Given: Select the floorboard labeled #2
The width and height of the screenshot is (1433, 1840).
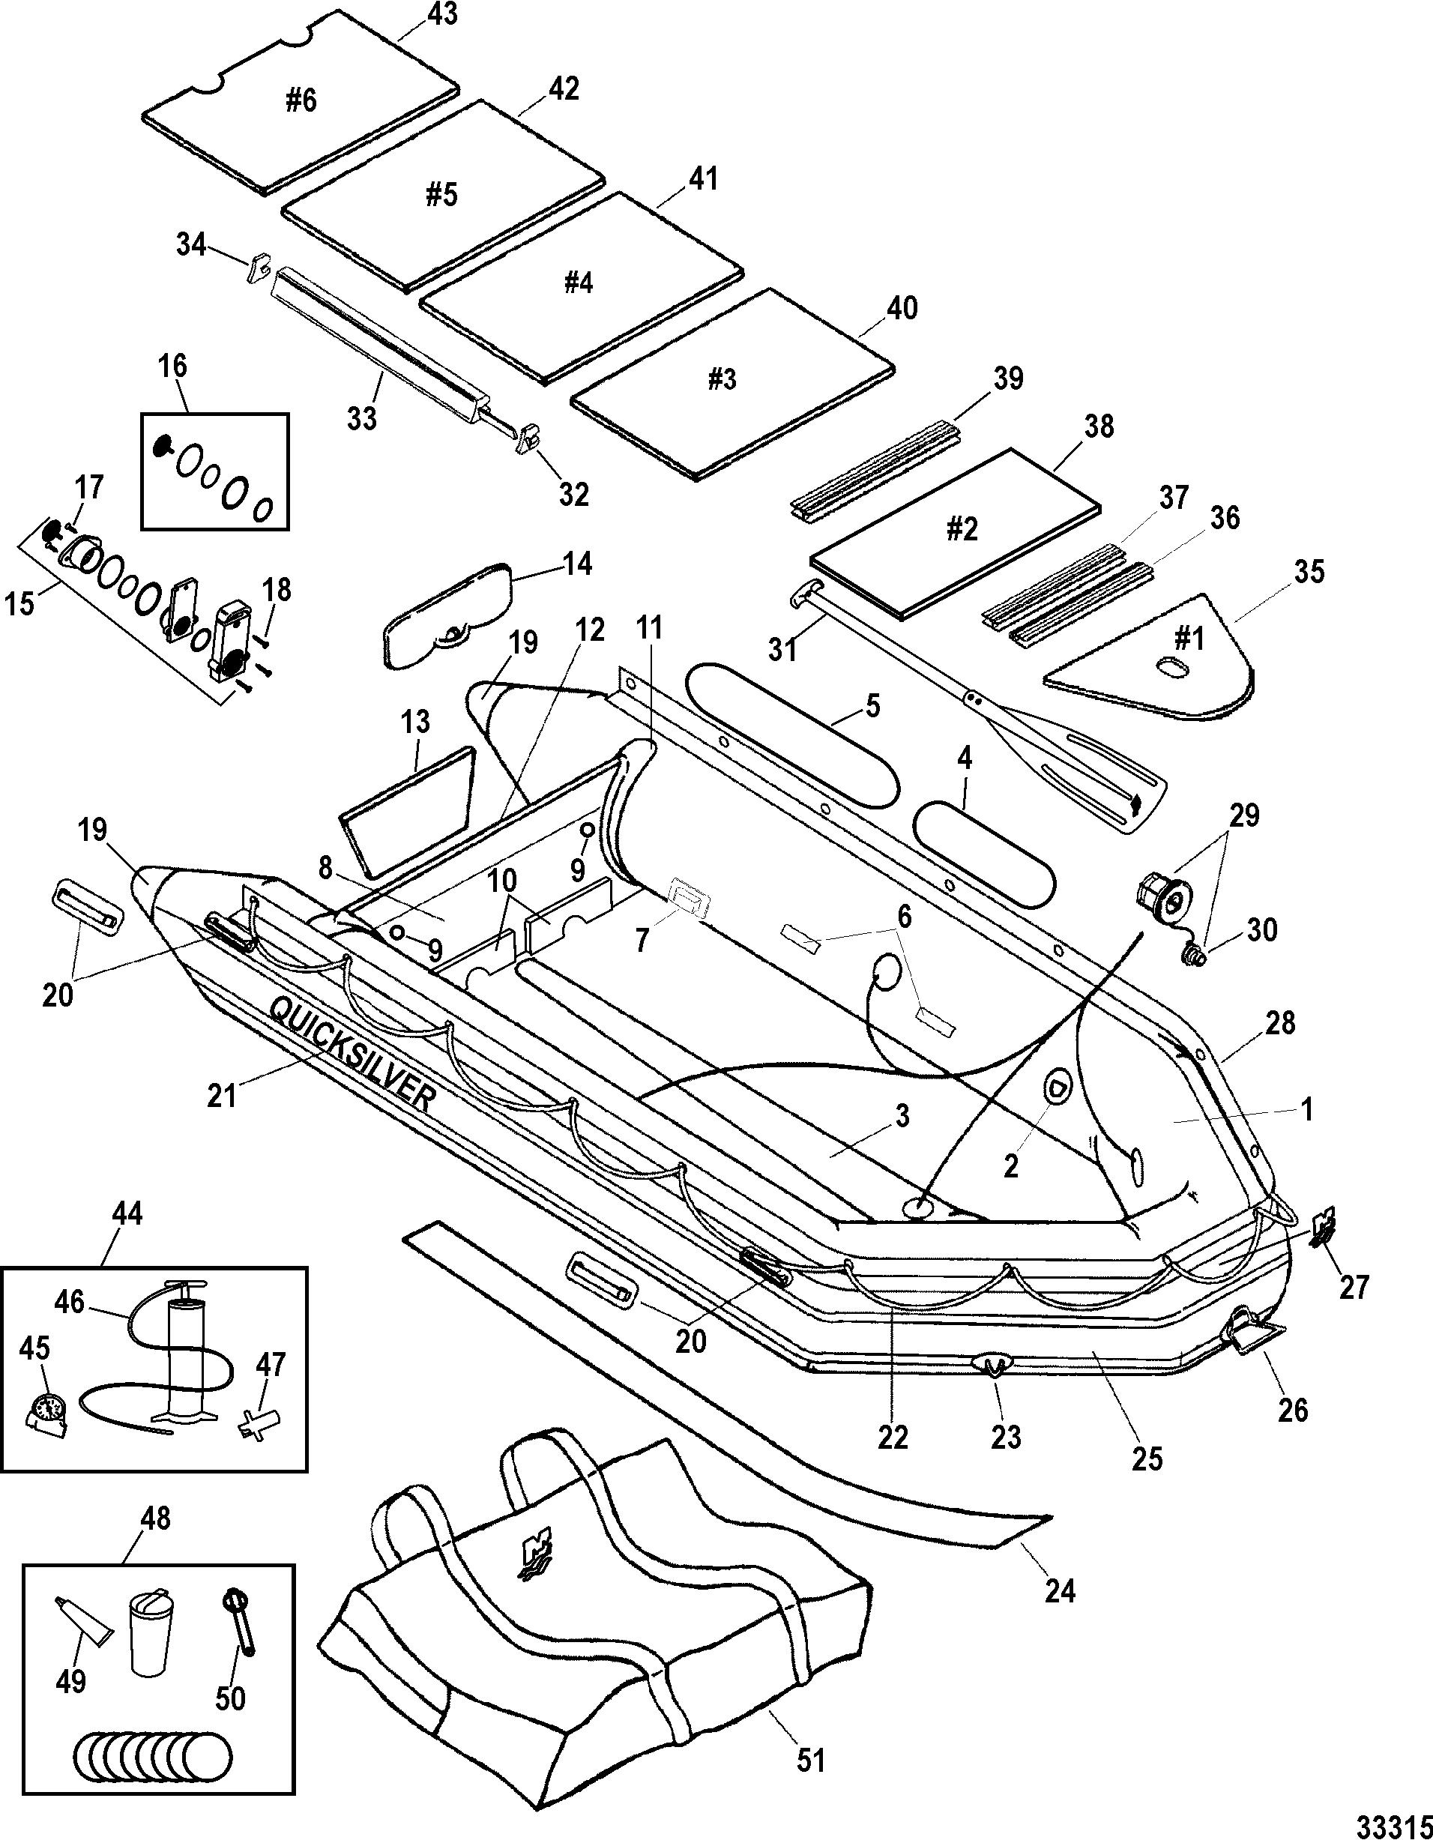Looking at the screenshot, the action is (x=956, y=531).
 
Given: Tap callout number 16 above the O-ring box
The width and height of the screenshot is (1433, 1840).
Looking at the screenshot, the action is (x=172, y=367).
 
